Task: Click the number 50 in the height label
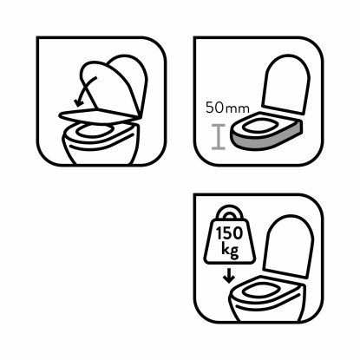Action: coord(214,108)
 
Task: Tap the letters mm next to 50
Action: coord(237,109)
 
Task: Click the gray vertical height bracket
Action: coord(219,137)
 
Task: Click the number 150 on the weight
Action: coord(229,233)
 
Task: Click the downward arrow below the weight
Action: coord(229,276)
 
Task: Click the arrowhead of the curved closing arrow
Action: coord(78,102)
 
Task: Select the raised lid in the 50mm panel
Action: coord(285,84)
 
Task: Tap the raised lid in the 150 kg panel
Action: coord(289,246)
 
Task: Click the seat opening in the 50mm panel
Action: coord(259,127)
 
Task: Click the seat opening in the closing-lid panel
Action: coord(94,130)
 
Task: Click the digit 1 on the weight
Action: coord(219,233)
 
